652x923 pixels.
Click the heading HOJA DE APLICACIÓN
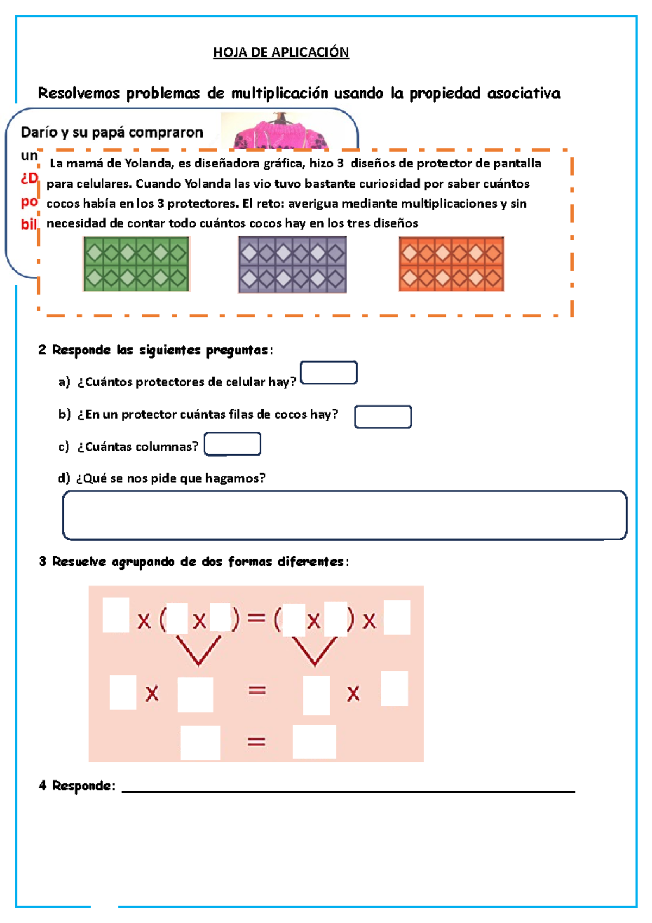[281, 52]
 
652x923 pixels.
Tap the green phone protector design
[136, 264]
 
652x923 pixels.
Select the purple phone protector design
[292, 265]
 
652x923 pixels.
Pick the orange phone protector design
[451, 264]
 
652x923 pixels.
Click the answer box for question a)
[329, 373]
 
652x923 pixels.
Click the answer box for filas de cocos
[383, 417]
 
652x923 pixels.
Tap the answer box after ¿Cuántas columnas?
[233, 444]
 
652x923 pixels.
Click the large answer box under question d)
[344, 515]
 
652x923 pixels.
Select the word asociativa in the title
[524, 93]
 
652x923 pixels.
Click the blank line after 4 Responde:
[348, 787]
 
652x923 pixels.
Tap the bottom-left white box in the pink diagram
[200, 743]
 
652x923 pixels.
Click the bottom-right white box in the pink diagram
[314, 741]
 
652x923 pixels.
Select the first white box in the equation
[116, 615]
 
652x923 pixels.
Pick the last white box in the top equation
[397, 618]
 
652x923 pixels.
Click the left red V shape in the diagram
[198, 651]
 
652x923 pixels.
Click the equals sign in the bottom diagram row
[256, 741]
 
